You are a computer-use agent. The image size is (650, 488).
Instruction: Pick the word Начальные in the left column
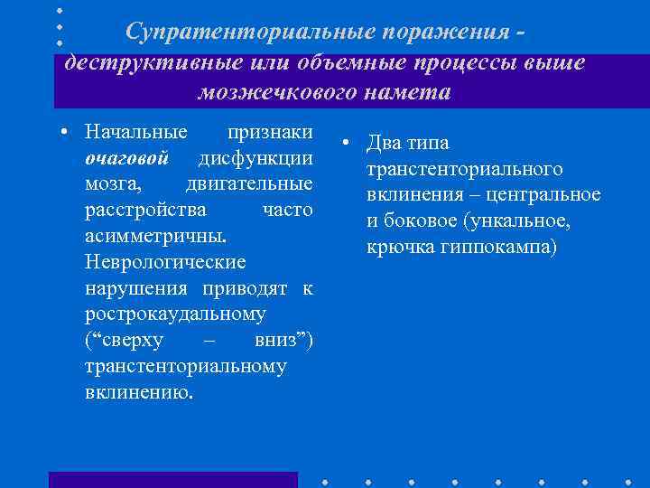(x=136, y=132)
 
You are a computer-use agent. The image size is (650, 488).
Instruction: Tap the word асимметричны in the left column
(x=153, y=236)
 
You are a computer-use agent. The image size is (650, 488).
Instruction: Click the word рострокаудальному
(x=175, y=314)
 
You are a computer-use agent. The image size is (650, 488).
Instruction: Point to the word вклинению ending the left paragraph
(x=137, y=392)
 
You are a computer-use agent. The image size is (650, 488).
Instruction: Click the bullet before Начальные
(x=64, y=133)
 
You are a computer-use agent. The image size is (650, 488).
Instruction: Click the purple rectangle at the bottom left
(x=172, y=479)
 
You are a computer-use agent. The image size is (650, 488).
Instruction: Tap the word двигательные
(x=249, y=184)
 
